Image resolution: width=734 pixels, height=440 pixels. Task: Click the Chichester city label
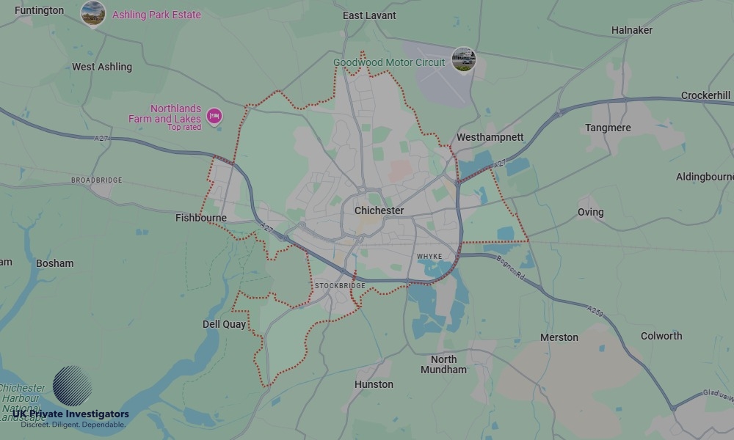pyautogui.click(x=379, y=210)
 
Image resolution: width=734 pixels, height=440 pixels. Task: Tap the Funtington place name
pyautogui.click(x=39, y=10)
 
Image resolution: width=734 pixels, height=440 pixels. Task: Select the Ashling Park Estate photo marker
pyautogui.click(x=93, y=13)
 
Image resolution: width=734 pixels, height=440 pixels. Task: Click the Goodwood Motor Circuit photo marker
pyautogui.click(x=463, y=59)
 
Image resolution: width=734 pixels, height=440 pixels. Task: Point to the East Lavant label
pyautogui.click(x=369, y=15)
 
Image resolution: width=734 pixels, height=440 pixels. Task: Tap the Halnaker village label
pyautogui.click(x=631, y=30)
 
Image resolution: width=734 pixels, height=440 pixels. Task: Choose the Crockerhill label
pyautogui.click(x=705, y=95)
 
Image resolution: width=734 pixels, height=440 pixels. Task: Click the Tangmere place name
pyautogui.click(x=608, y=128)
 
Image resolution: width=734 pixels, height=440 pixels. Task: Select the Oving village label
pyautogui.click(x=590, y=212)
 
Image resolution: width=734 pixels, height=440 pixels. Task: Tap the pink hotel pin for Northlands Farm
pyautogui.click(x=214, y=115)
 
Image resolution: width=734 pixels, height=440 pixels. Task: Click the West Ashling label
pyautogui.click(x=102, y=67)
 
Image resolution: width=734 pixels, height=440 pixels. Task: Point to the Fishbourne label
pyautogui.click(x=201, y=218)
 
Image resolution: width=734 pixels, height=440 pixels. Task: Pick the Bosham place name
pyautogui.click(x=55, y=263)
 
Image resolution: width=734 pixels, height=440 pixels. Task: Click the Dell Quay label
pyautogui.click(x=224, y=324)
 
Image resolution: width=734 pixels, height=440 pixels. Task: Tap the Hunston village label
pyautogui.click(x=374, y=384)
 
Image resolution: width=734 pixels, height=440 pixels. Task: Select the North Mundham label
pyautogui.click(x=443, y=364)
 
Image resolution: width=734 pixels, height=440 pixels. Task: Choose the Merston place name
pyautogui.click(x=559, y=337)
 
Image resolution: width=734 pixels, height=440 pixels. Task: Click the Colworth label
pyautogui.click(x=661, y=336)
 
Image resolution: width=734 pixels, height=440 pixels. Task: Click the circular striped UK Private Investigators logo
pyautogui.click(x=72, y=386)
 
